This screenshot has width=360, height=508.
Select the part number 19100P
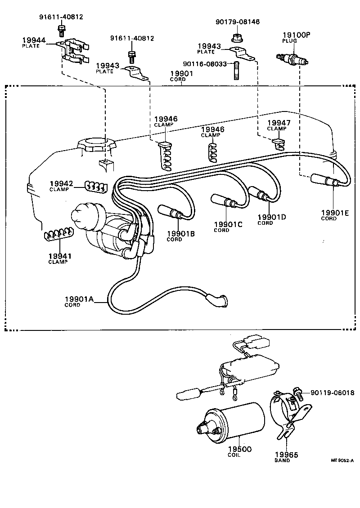[296, 34]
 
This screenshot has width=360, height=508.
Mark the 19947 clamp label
[279, 123]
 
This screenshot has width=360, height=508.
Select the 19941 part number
[60, 256]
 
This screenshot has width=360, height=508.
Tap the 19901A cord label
[78, 299]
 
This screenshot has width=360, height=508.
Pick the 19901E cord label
[335, 213]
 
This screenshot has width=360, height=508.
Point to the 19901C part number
[228, 224]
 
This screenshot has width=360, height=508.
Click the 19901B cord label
[181, 233]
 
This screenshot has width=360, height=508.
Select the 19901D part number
[272, 217]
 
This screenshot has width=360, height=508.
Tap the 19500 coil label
[239, 449]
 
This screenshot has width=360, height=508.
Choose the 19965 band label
[286, 455]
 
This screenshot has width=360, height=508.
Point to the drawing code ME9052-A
[342, 460]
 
